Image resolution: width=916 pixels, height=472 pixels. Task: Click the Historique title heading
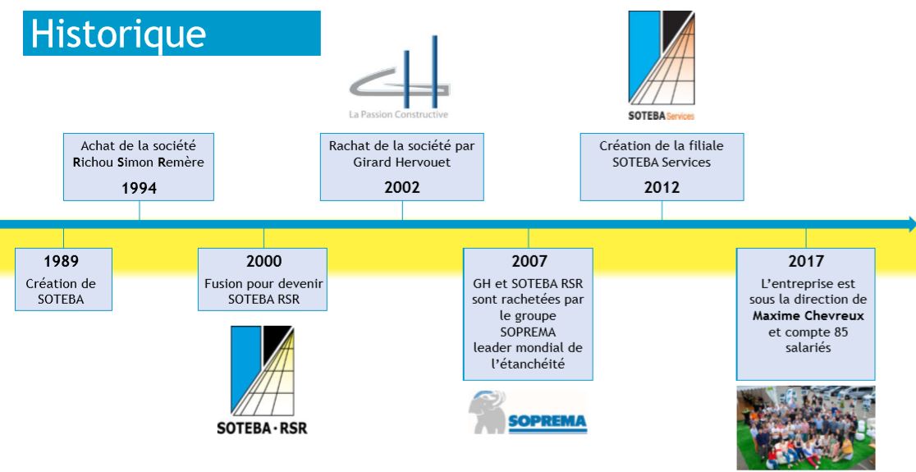pyautogui.click(x=118, y=34)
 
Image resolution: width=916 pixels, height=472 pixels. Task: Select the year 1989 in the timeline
pyautogui.click(x=62, y=260)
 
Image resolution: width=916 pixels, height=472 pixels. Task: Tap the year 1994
pyautogui.click(x=139, y=188)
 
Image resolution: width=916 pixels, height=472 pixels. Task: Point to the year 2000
pyautogui.click(x=264, y=260)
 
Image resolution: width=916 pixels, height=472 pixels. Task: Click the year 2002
pyautogui.click(x=402, y=187)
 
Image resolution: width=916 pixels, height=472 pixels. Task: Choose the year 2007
pyautogui.click(x=529, y=260)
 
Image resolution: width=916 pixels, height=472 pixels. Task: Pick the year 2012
pyautogui.click(x=662, y=187)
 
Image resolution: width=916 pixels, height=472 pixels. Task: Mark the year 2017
pyautogui.click(x=806, y=260)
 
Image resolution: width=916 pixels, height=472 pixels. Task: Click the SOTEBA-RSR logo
pyautogui.click(x=262, y=380)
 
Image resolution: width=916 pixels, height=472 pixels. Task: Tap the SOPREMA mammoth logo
pyautogui.click(x=528, y=412)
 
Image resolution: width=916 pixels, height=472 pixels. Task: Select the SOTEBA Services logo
pyautogui.click(x=662, y=66)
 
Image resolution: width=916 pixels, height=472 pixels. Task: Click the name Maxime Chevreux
pyautogui.click(x=808, y=317)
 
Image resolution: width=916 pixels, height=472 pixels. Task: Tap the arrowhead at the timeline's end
pyautogui.click(x=911, y=224)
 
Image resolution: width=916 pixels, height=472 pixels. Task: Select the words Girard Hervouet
pyautogui.click(x=402, y=163)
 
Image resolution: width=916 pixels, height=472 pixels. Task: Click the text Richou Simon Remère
pyautogui.click(x=139, y=163)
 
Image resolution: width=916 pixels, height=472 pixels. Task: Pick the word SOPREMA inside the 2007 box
pyautogui.click(x=528, y=332)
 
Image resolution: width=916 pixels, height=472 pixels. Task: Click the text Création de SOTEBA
pyautogui.click(x=61, y=291)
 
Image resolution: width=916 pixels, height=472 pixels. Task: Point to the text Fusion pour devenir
pyautogui.click(x=263, y=284)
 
